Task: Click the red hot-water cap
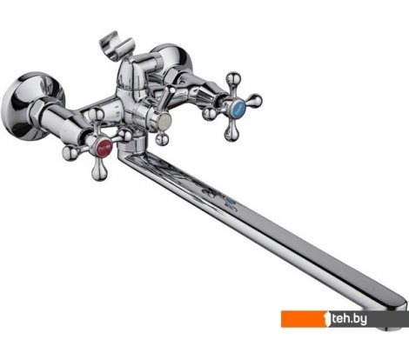(104, 147)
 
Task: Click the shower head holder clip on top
(117, 46)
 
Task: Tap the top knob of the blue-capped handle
(233, 79)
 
